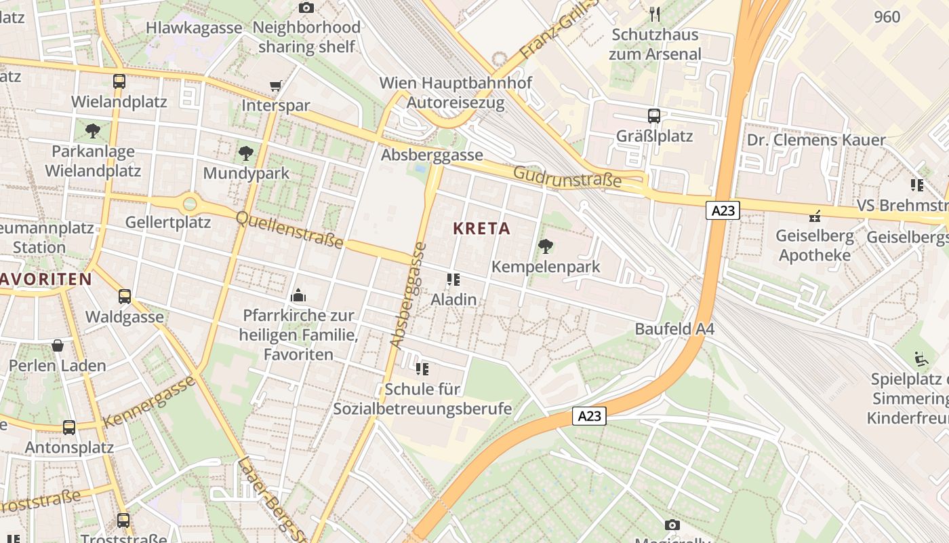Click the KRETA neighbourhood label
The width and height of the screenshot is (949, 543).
click(x=481, y=229)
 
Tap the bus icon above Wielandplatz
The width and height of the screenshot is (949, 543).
click(x=119, y=81)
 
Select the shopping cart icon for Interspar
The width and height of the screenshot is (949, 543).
click(x=275, y=86)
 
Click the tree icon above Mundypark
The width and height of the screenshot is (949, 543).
click(x=246, y=153)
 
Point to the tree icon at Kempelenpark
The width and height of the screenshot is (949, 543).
click(x=545, y=246)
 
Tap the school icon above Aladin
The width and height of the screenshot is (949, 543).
click(x=453, y=280)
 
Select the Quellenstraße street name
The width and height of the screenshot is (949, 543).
click(x=289, y=229)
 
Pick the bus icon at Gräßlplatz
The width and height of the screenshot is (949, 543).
click(x=654, y=116)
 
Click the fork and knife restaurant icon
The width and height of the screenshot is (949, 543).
click(x=654, y=14)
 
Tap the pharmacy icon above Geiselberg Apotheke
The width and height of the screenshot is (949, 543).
click(x=814, y=217)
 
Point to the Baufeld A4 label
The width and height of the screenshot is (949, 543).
click(x=674, y=329)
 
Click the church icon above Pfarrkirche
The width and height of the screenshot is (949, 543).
click(x=298, y=295)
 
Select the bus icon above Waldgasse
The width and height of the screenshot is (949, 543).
click(x=125, y=297)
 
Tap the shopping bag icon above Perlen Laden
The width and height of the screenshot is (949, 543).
click(x=58, y=345)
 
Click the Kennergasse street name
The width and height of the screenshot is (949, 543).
click(x=150, y=400)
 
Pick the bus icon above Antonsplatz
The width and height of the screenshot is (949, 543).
click(x=69, y=428)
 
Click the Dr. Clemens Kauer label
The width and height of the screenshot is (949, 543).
click(x=816, y=141)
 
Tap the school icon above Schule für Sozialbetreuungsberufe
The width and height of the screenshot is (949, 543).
click(x=422, y=369)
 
